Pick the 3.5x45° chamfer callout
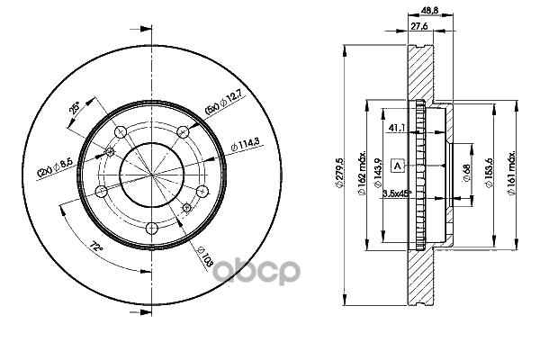point(397,193)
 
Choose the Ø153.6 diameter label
point(490,171)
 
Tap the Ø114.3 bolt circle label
point(244,144)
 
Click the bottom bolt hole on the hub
point(151,228)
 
